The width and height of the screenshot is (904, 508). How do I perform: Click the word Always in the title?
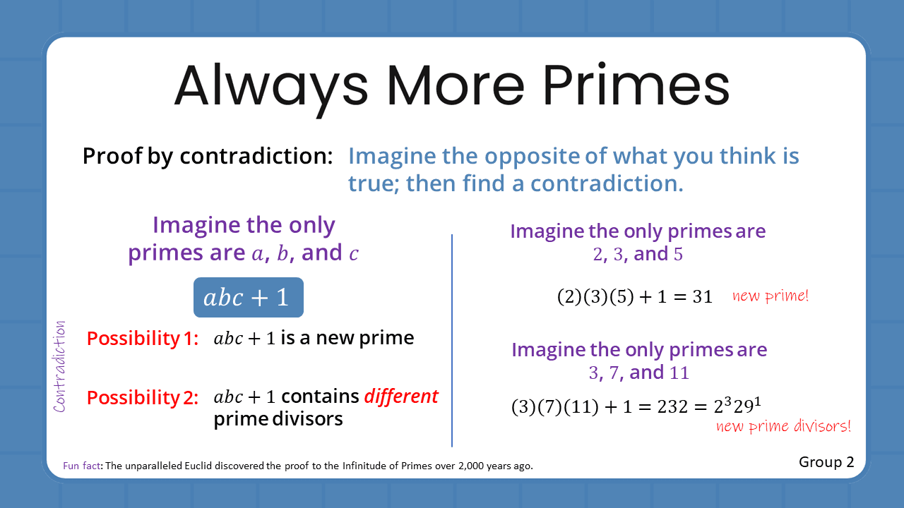click(x=271, y=85)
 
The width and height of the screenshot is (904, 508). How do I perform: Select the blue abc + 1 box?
click(x=249, y=298)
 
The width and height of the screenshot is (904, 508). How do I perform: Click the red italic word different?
click(x=401, y=397)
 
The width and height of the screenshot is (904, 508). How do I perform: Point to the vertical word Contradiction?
click(x=60, y=367)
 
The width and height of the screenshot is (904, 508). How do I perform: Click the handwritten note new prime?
click(x=770, y=296)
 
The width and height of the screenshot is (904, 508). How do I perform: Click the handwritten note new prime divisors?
click(x=783, y=426)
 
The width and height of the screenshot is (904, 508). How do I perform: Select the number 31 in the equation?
click(x=702, y=297)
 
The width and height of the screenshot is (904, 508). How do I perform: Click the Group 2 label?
click(x=826, y=462)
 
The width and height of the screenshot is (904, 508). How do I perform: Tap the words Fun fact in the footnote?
click(x=79, y=466)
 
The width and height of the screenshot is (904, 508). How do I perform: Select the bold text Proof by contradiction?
click(x=207, y=156)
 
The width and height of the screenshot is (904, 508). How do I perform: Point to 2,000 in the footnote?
click(x=466, y=466)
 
